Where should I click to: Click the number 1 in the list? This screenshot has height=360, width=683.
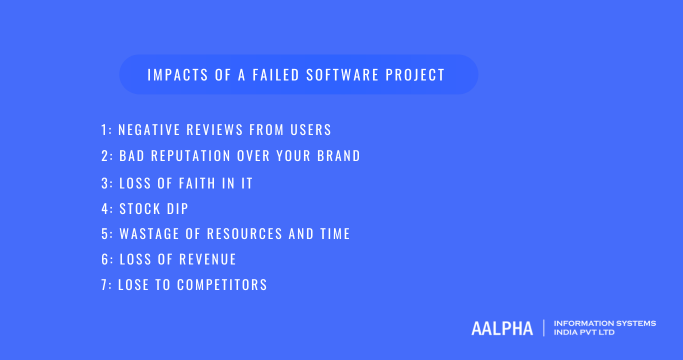click(x=104, y=130)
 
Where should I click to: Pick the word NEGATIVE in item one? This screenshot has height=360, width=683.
click(x=152, y=130)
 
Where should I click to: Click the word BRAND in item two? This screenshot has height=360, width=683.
click(x=337, y=156)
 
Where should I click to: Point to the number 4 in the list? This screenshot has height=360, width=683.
click(x=104, y=208)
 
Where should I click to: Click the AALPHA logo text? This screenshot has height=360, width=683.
click(x=501, y=328)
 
